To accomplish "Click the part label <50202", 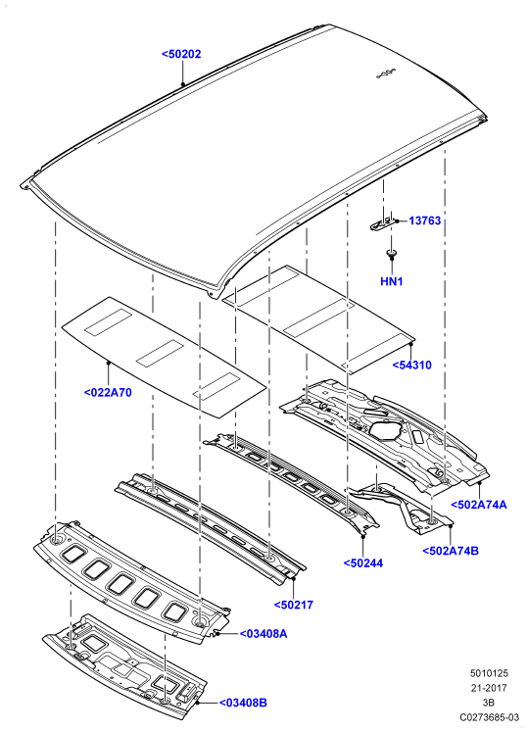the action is pyautogui.click(x=181, y=54).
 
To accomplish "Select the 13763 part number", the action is pyautogui.click(x=425, y=220).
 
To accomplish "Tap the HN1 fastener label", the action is pyautogui.click(x=392, y=281).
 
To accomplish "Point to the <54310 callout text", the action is pyautogui.click(x=411, y=366).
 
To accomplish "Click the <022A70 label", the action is pyautogui.click(x=108, y=393).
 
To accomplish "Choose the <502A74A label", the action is pyautogui.click(x=478, y=505).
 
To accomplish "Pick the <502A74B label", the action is pyautogui.click(x=451, y=551).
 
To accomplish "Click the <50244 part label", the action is pyautogui.click(x=363, y=563).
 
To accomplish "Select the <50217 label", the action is pyautogui.click(x=294, y=605).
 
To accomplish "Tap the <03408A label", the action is pyautogui.click(x=264, y=634).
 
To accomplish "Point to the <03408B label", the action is pyautogui.click(x=243, y=703).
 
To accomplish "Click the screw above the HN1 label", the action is pyautogui.click(x=391, y=255).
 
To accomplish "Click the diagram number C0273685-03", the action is pyautogui.click(x=489, y=717).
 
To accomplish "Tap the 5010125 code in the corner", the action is pyautogui.click(x=489, y=673).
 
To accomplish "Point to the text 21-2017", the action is pyautogui.click(x=489, y=688).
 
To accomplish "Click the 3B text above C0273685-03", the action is pyautogui.click(x=489, y=703).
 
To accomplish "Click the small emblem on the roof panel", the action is pyautogui.click(x=386, y=73).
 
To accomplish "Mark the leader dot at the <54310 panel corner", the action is pyautogui.click(x=411, y=343).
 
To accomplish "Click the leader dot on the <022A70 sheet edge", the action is pyautogui.click(x=108, y=362).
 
